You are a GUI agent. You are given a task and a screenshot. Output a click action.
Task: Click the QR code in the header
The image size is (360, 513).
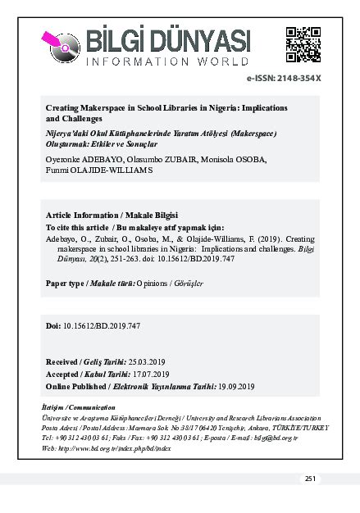303,45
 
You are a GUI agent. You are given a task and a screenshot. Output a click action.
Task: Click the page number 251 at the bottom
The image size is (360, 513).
310,479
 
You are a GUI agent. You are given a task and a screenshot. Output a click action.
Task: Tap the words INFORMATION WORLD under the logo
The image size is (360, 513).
166,62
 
